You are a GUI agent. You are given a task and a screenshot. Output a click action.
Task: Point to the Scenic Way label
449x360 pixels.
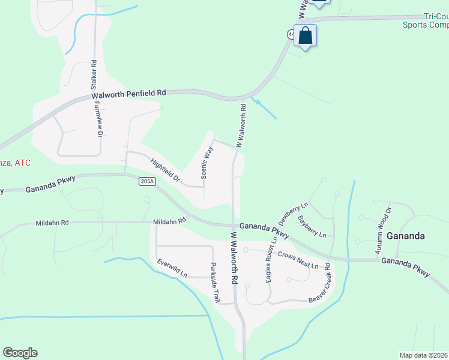(207, 163)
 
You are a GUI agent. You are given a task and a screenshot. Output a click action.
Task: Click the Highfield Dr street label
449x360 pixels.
(166, 170)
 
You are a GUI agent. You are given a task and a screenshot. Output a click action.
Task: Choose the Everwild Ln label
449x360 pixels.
(172, 268)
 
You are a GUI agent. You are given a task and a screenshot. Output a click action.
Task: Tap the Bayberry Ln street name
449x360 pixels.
(312, 226)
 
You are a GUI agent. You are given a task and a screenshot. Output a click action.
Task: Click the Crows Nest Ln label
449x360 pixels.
(298, 261)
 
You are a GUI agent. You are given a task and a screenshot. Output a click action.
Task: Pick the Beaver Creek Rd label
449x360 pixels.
(319, 283)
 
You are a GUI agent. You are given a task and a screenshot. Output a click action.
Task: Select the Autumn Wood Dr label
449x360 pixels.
(382, 230)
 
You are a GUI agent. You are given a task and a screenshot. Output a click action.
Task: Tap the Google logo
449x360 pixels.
(20, 353)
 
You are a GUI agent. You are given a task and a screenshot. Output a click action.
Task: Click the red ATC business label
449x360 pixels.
(15, 163)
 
